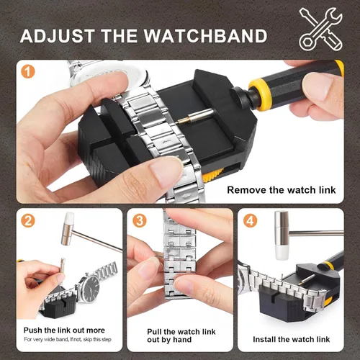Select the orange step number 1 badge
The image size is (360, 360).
pos(28,73)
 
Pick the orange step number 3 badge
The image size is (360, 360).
pos(140,222)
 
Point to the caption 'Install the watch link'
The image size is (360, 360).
pos(292,338)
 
